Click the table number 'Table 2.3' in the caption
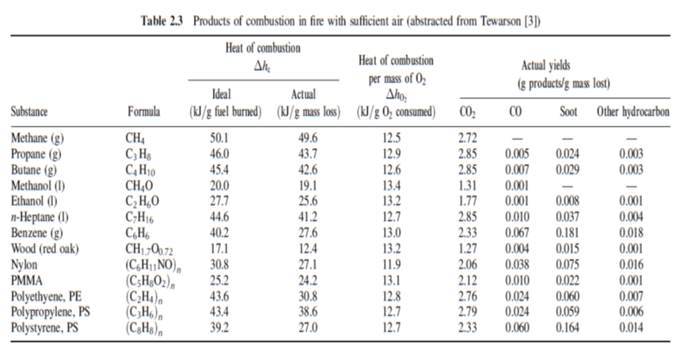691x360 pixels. (157, 21)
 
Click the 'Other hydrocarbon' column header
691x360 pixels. (632, 112)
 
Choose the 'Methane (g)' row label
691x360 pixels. (38, 139)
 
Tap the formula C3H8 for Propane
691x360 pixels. (142, 153)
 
